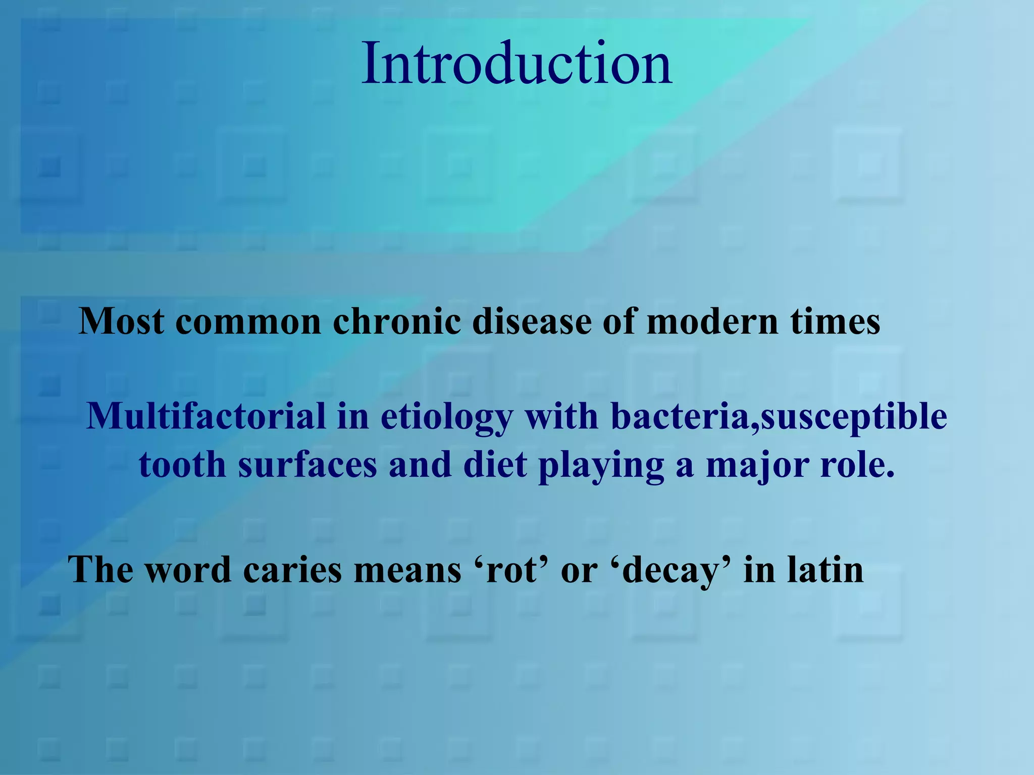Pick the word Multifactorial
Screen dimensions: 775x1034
[206, 417]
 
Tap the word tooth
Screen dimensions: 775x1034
[182, 465]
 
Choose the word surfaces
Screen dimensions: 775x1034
[307, 465]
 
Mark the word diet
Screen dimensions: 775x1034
[495, 465]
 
